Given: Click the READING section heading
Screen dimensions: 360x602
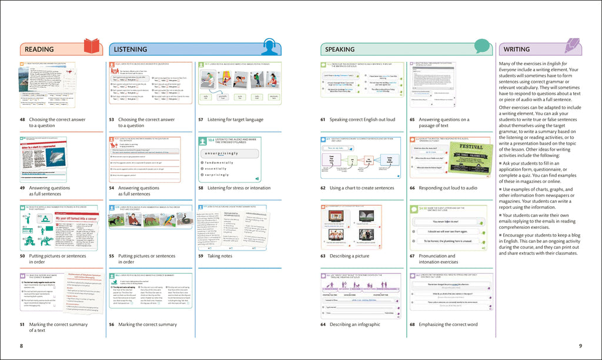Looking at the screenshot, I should [39, 49].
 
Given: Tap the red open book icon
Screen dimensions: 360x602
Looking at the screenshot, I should [92, 46].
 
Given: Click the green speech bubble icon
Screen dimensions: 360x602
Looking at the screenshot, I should [481, 46].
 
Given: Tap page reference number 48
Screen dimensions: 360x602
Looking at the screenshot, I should [23, 119].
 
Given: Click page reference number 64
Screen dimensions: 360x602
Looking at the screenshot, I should [323, 324].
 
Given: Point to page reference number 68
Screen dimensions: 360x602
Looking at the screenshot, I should [413, 324].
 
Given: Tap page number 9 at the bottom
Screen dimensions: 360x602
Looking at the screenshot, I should [580, 345].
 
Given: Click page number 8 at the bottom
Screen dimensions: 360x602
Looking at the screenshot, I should [22, 345].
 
